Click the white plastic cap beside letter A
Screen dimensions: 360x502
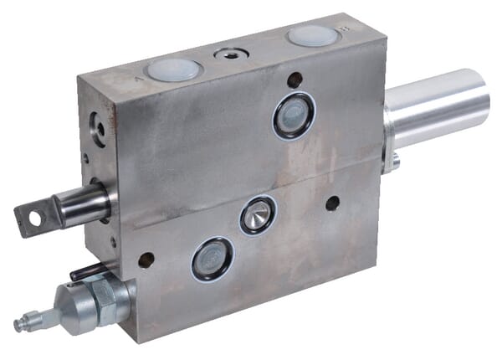click(173, 69)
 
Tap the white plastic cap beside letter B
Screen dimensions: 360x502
click(310, 35)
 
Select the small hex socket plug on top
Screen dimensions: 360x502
click(232, 54)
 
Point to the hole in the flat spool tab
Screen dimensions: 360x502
click(34, 219)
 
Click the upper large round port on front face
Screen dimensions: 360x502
click(294, 116)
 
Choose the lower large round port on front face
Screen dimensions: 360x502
click(213, 258)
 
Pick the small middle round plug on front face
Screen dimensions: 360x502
click(257, 215)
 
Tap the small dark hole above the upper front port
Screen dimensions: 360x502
click(295, 80)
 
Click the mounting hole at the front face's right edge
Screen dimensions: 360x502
click(332, 203)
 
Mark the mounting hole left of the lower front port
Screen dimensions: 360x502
click(146, 260)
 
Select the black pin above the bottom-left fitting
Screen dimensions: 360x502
click(87, 272)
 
